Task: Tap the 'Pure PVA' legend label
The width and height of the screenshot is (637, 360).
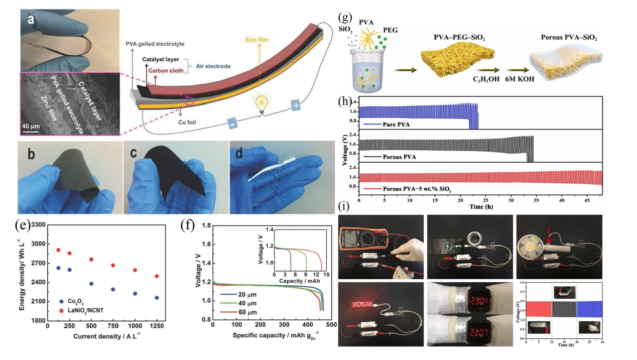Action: [395, 124]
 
